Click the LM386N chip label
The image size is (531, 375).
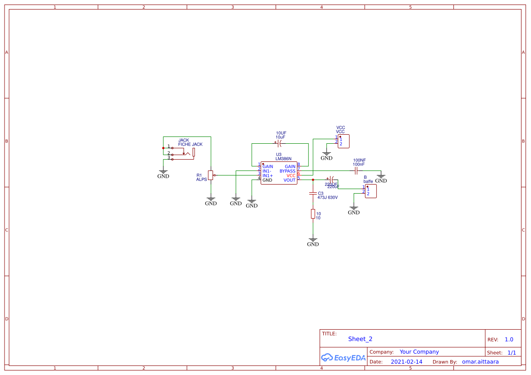pos(283,159)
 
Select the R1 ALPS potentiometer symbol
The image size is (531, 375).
pos(210,175)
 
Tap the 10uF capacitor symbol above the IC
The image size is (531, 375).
pos(280,143)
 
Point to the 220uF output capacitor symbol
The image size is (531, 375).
pos(331,180)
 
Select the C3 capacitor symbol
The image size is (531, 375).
pos(313,194)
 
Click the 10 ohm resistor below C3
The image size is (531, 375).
pos(313,214)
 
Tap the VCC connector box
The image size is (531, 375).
pos(344,141)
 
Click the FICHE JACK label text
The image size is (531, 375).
pos(190,144)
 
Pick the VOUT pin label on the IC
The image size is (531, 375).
pos(289,180)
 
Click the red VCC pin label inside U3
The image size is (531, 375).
pos(291,175)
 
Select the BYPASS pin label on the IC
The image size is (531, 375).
pos(287,171)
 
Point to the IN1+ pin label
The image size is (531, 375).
pos(268,175)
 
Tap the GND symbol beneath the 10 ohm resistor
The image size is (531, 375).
pos(313,242)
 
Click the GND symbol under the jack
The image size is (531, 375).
pos(163,174)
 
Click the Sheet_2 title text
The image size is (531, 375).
pos(360,339)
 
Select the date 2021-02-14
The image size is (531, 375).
pos(406,362)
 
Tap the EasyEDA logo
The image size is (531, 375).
pos(343,357)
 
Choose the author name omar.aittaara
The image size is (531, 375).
pos(480,362)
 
